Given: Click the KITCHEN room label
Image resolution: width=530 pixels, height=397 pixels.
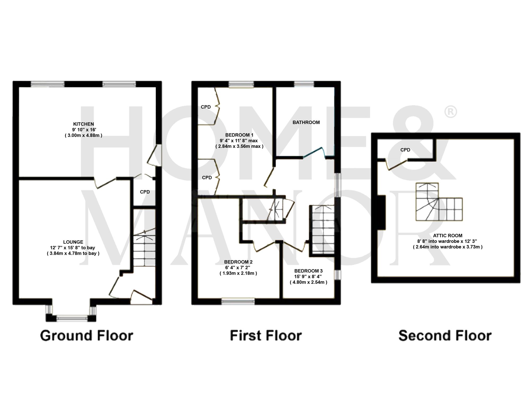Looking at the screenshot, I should tap(83, 124).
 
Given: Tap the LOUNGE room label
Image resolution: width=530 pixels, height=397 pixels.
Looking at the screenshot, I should tap(73, 242).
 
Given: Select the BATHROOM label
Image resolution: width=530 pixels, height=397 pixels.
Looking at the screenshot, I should tap(306, 122).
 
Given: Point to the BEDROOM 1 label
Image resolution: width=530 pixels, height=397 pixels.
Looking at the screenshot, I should tap(239, 135).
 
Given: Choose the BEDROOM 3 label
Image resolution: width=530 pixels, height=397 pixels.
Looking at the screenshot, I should tap(308, 271).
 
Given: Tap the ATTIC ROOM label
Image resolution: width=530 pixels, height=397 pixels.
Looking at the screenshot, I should tap(448, 235).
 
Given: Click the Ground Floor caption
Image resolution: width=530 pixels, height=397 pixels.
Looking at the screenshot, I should tap(87, 336).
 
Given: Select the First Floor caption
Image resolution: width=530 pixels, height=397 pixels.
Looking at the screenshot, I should tap(266, 336).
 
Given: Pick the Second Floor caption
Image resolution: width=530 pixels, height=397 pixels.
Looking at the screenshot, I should tap(445, 336).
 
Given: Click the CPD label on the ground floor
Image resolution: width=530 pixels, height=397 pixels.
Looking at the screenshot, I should tap(145, 192).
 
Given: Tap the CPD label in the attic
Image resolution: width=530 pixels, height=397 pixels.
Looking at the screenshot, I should tap(405, 150).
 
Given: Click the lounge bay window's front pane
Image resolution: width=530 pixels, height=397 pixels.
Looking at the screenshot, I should tap(72, 318).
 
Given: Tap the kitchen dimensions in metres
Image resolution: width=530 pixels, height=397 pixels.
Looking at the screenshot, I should tap(83, 135).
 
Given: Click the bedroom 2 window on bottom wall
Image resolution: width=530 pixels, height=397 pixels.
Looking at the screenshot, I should tap(238, 301).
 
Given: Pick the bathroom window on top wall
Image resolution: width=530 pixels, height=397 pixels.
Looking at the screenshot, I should tap(304, 84).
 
